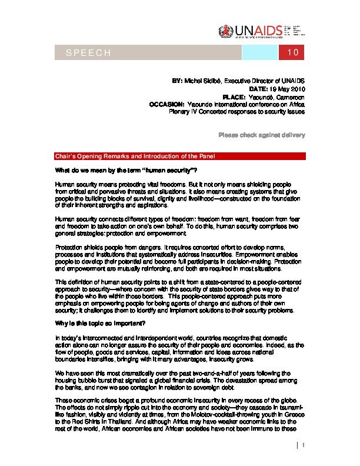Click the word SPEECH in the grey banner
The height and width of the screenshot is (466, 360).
pyautogui.click(x=89, y=54)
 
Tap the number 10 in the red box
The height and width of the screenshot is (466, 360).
pyautogui.click(x=294, y=54)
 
